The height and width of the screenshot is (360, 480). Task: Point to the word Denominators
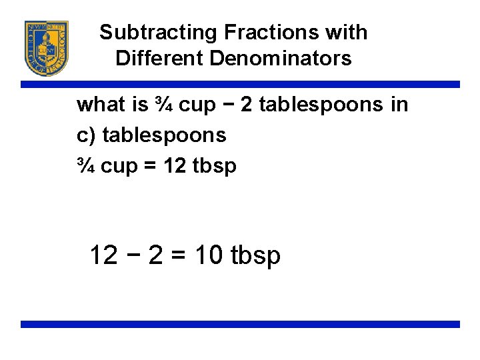tap(280, 58)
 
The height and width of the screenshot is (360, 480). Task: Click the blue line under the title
tap(240, 85)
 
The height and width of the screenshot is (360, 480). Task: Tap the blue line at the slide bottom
tap(240, 325)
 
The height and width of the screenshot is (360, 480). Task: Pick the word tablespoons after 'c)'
tap(164, 135)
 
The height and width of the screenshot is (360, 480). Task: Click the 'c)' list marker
tap(86, 135)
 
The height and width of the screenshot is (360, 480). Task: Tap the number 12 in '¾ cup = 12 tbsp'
tap(175, 166)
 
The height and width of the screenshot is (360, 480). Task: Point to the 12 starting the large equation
tap(104, 255)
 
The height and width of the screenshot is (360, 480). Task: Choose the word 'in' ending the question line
tap(400, 105)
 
